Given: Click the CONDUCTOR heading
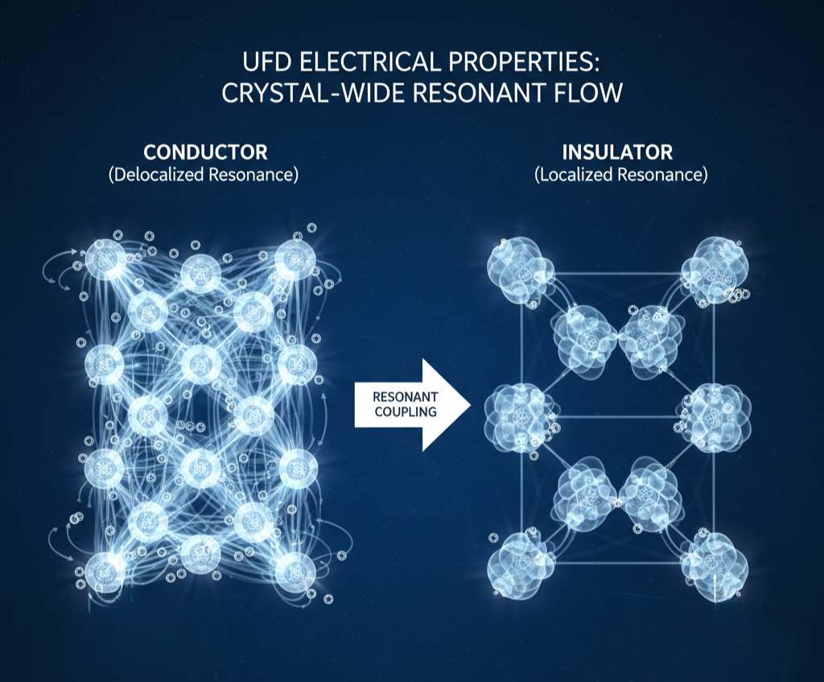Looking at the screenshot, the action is (205, 152).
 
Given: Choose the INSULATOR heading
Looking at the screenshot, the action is (617, 152).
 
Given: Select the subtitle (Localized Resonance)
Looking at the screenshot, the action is (618, 175).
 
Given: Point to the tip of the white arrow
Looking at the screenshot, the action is (469, 403).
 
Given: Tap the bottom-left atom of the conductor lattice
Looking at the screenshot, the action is (105, 571).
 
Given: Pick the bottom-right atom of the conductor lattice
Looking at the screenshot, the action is (294, 571).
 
